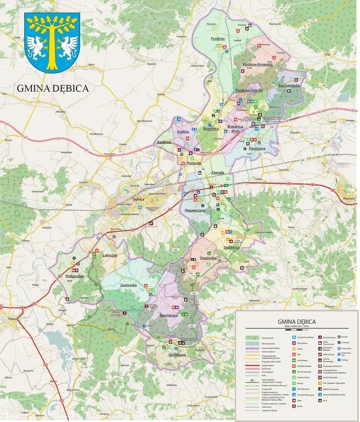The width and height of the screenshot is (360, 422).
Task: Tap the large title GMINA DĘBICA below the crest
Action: [x=53, y=88]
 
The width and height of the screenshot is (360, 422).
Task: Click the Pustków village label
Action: [x=218, y=38]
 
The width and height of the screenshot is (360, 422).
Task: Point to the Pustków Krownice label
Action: [x=257, y=64]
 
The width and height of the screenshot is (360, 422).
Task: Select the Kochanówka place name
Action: [x=289, y=85]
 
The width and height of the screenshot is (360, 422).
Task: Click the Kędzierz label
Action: [x=164, y=142]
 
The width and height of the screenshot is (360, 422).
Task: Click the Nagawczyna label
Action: [x=195, y=211]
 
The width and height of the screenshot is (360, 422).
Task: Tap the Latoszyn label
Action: [x=109, y=255]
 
